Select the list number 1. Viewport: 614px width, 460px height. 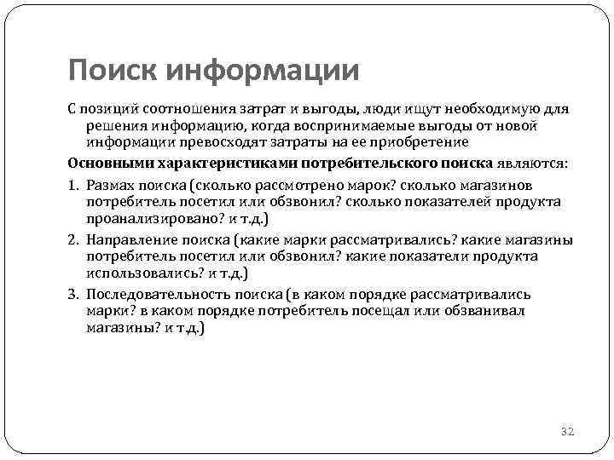(x=72, y=185)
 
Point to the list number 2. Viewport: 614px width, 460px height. (x=72, y=239)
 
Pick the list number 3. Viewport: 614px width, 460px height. (x=72, y=294)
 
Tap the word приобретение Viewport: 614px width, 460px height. (x=420, y=142)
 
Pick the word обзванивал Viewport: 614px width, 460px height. (x=485, y=310)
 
